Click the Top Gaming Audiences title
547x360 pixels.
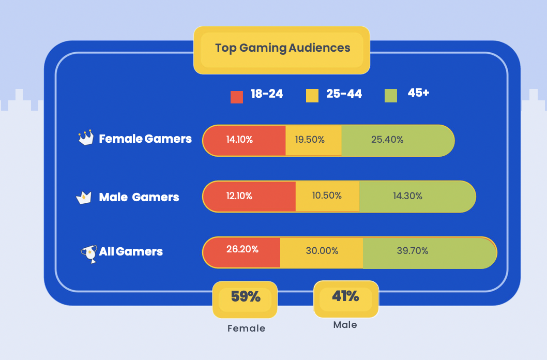click(282, 49)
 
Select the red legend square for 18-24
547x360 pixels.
click(237, 97)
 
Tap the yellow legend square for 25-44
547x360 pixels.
click(312, 96)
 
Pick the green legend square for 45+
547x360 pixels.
click(391, 96)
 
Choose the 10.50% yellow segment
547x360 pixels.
click(327, 197)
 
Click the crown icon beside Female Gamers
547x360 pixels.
click(86, 138)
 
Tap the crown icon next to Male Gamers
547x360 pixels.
click(84, 197)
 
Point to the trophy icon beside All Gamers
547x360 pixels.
click(89, 253)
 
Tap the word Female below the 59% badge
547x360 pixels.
click(246, 328)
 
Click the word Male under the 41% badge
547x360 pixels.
click(345, 325)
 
